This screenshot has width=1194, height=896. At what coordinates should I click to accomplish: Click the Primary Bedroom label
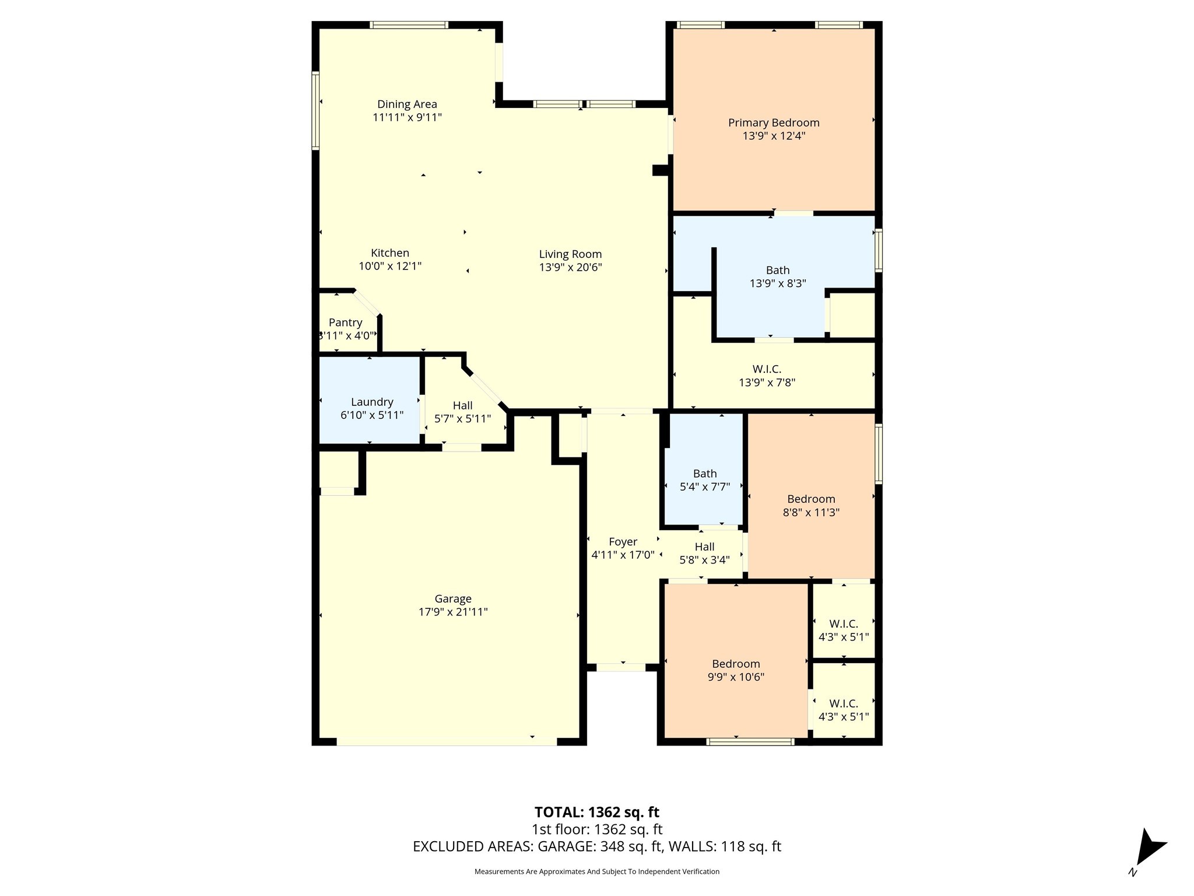(x=773, y=123)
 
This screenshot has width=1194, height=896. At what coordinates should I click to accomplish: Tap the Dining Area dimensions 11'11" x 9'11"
(x=407, y=117)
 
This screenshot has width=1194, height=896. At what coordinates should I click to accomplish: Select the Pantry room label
(x=345, y=323)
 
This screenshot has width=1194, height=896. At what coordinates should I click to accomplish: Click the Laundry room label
(x=372, y=402)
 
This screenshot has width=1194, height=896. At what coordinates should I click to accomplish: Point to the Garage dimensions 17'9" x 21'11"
(x=453, y=612)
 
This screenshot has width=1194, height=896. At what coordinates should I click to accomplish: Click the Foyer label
(x=623, y=542)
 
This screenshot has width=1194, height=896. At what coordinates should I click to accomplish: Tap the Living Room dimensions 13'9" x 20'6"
(x=570, y=267)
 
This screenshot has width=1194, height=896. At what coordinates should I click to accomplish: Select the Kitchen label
(x=390, y=253)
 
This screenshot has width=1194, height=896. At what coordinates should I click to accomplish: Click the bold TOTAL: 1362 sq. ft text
(x=596, y=812)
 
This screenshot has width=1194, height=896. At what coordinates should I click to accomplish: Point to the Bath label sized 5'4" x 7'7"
(x=705, y=474)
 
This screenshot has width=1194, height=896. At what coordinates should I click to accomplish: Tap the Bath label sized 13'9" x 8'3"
(x=778, y=270)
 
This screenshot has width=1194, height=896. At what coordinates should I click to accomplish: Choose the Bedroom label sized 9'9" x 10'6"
(x=736, y=664)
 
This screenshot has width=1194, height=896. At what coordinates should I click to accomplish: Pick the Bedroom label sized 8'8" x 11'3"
(x=811, y=499)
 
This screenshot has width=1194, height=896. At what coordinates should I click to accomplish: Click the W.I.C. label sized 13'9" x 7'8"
(x=767, y=369)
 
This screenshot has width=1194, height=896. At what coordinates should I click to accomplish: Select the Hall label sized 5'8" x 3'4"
(x=704, y=547)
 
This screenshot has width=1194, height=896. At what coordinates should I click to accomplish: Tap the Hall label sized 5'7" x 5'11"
(x=462, y=405)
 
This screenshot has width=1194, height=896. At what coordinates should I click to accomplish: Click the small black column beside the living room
(x=660, y=170)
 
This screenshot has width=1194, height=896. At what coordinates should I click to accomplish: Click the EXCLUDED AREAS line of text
(x=596, y=846)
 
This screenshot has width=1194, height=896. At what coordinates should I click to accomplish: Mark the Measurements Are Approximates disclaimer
(x=596, y=871)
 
